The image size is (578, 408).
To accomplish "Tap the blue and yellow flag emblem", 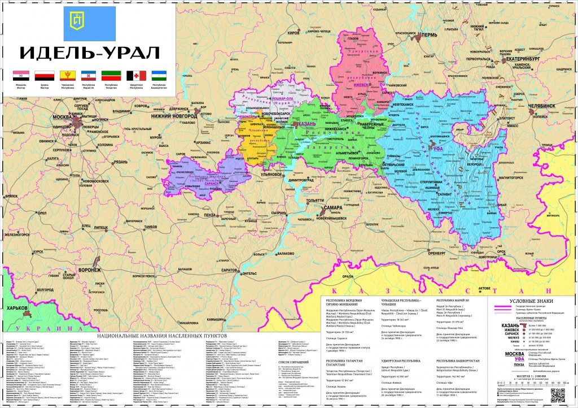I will (x=89, y=23).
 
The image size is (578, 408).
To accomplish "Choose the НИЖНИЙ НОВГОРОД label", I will (x=174, y=115).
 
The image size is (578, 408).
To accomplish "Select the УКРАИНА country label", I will (x=34, y=328).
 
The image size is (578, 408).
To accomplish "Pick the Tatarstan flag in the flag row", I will (x=109, y=75).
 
